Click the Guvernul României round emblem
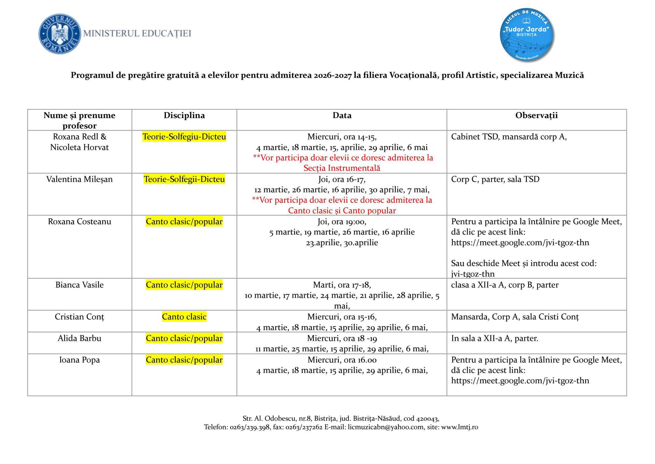point(60,33)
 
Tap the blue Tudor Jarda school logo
point(527,34)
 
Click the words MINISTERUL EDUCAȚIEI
point(137,33)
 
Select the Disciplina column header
point(184,115)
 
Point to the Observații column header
point(536,115)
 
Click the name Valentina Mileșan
point(79,179)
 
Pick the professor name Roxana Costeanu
point(79,221)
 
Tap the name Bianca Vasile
point(79,285)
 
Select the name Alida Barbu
point(79,338)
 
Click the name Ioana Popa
point(79,360)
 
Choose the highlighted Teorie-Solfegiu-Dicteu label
point(184,137)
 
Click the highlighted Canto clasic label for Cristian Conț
point(184,317)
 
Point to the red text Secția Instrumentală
point(342,168)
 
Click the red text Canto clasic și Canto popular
point(342,211)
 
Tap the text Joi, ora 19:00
point(342,221)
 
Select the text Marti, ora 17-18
point(342,285)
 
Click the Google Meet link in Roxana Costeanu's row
point(520,243)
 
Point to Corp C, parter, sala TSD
point(495,179)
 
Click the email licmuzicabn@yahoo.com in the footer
point(385,427)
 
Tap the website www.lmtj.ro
point(460,427)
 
